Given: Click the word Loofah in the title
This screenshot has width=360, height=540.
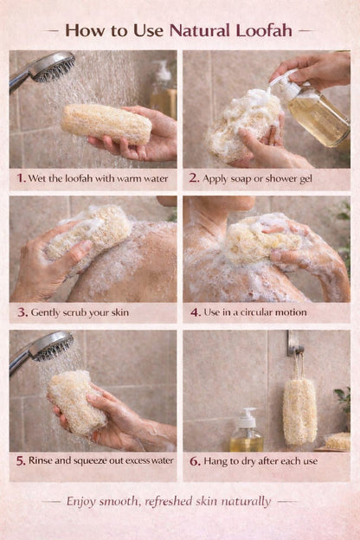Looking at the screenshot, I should point(263,31).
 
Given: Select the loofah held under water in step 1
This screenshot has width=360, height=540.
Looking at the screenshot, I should point(106,123).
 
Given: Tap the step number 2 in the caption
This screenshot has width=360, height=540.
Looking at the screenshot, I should point(194,179).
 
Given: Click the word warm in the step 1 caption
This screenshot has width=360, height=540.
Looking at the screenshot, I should point(116,179).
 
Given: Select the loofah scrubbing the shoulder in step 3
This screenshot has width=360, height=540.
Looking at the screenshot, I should point(90,233).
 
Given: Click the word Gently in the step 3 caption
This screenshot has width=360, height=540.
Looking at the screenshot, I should point(48,312).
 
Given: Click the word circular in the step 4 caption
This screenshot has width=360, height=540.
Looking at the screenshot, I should point(264,312).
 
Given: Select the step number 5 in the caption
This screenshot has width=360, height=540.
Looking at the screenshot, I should point(20,461).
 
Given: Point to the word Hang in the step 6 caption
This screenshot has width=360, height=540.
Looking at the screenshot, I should point(216,461).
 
